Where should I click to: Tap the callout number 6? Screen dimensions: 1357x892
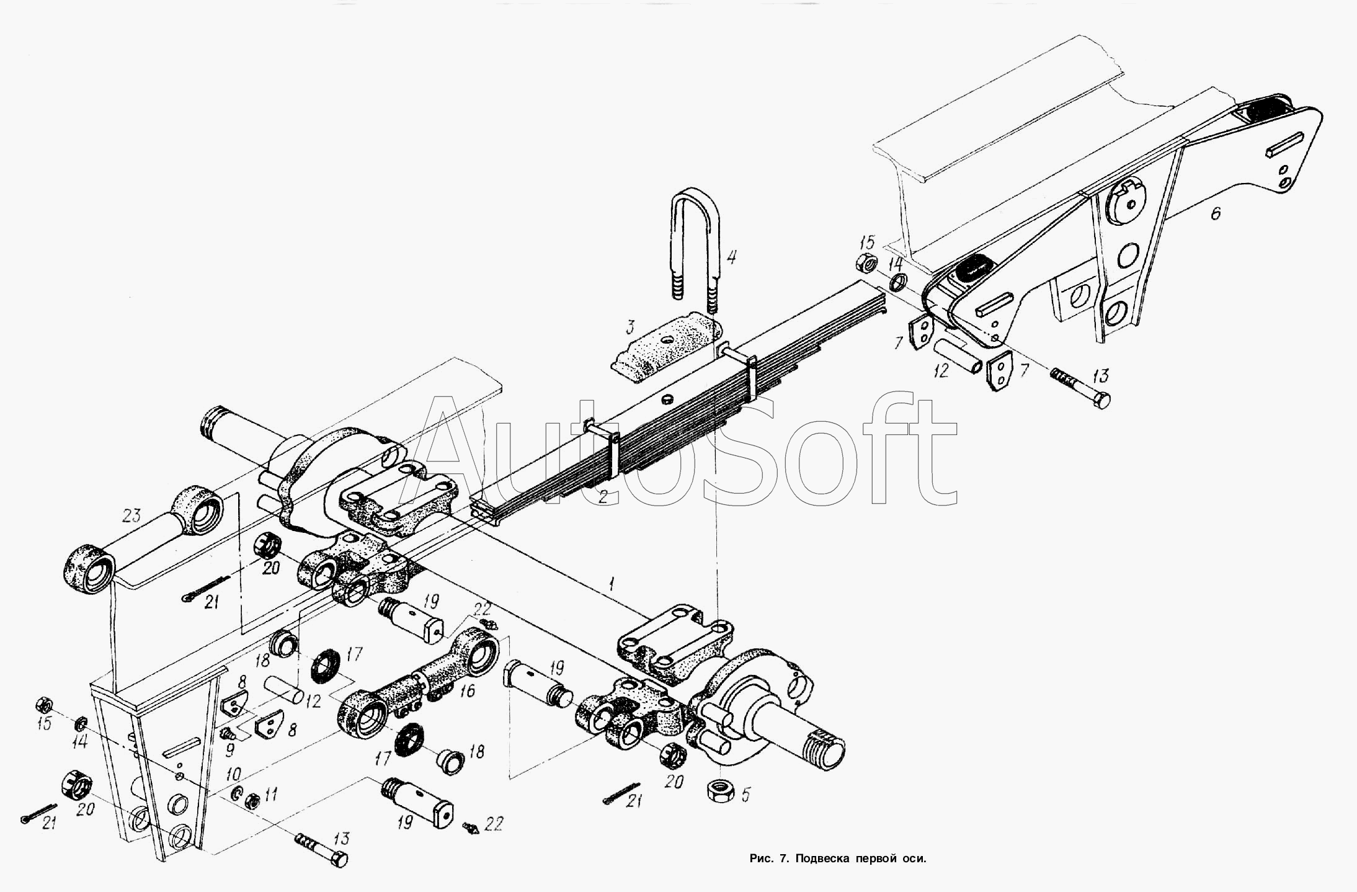pos(1215,214)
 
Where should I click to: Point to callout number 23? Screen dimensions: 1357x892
pos(131,515)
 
